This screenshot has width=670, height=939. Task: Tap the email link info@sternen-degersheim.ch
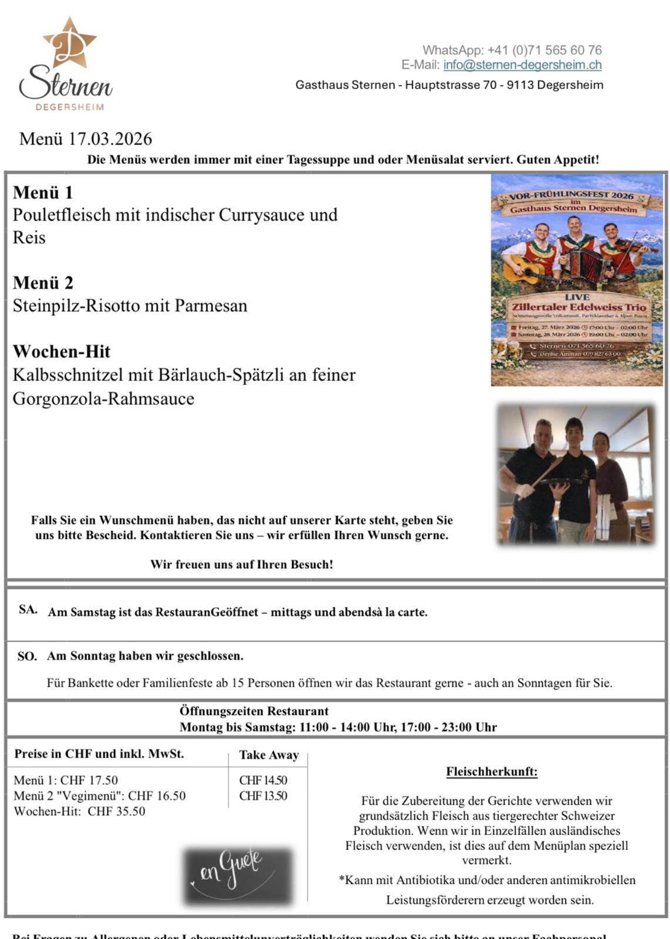pos(522,65)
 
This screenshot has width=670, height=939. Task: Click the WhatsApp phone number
pos(544,50)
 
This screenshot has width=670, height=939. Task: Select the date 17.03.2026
pos(110,139)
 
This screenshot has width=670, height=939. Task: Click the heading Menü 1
pos(43,192)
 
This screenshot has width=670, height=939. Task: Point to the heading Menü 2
pos(43,283)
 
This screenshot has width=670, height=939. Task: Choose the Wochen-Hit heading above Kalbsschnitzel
pos(62,352)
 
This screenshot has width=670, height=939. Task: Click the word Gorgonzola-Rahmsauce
pos(103,399)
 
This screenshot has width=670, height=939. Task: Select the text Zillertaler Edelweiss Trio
pos(578,307)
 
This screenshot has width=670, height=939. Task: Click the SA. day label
pos(28,610)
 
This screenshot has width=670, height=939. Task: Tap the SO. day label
pos(27,656)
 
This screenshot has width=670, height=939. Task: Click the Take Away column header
pos(269,755)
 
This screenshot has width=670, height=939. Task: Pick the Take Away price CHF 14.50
pos(263,781)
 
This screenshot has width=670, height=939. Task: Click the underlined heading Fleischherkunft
pos(491,772)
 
